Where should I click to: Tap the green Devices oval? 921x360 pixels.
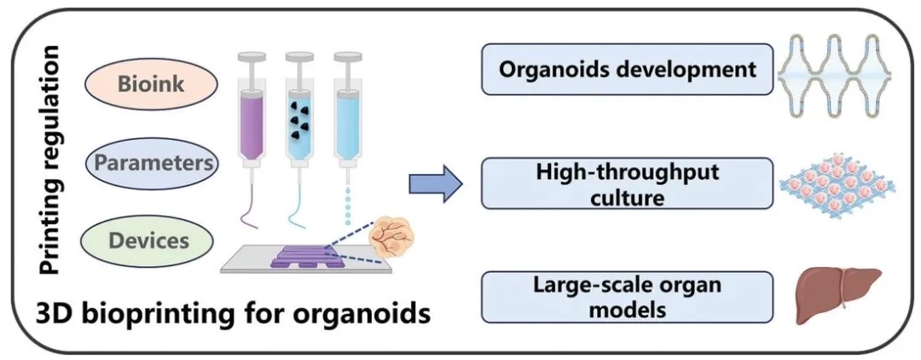tap(148, 240)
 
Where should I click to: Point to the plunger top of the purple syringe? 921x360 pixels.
tap(251, 55)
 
